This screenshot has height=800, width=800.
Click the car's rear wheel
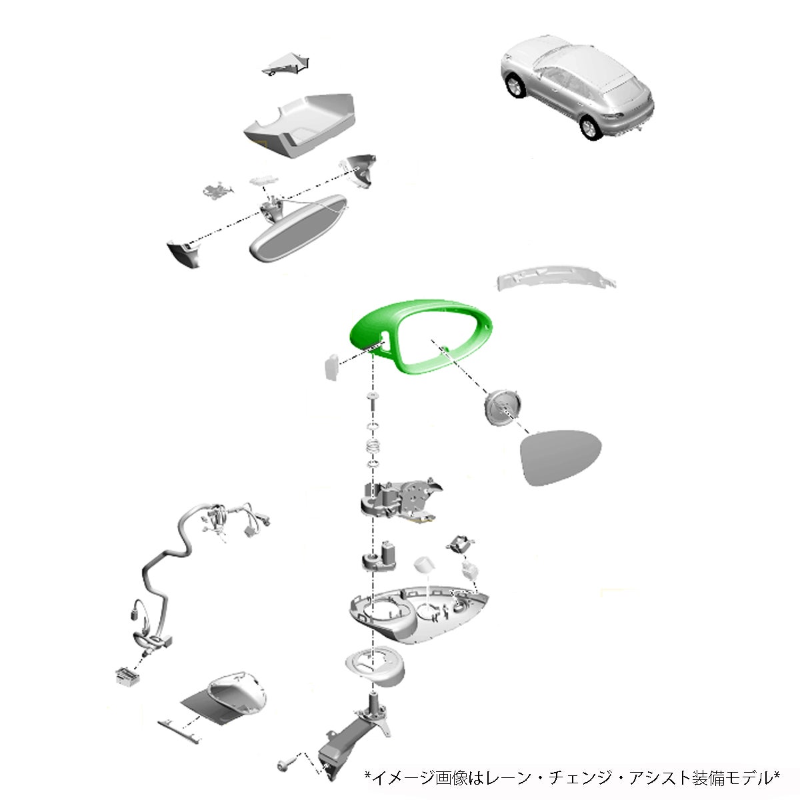pos(590,127)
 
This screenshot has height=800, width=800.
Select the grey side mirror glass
pos(561,457)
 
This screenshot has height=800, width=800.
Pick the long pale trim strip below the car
pos(556,277)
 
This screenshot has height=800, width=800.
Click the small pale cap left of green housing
pos(331,367)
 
